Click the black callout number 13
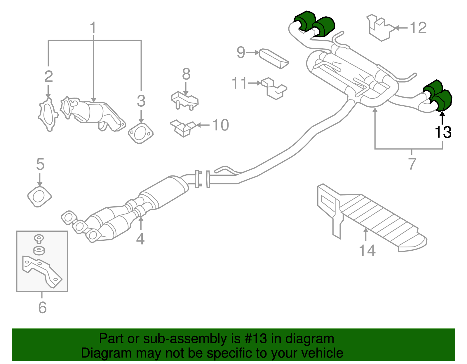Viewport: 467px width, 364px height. click(443, 132)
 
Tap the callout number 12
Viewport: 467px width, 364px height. click(418, 28)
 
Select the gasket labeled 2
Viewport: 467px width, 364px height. click(48, 115)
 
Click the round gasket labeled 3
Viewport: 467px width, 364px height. click(141, 133)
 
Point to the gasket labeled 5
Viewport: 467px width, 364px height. click(39, 197)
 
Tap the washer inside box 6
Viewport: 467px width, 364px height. click(39, 251)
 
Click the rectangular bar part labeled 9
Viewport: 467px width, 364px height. click(274, 59)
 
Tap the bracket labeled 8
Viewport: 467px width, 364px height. click(184, 100)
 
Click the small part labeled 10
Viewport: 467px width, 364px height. click(183, 128)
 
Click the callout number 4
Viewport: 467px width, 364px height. click(140, 239)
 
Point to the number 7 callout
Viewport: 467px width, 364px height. click(412, 164)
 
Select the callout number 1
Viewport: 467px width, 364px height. click(93, 28)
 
